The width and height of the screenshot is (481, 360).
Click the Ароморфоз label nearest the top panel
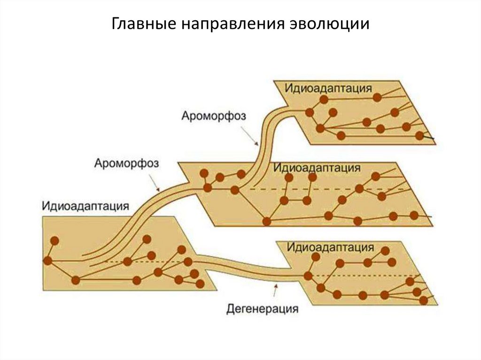click(x=213, y=115)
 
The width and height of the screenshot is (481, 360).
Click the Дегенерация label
click(x=262, y=309)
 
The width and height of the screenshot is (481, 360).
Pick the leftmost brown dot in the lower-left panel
click(x=47, y=260)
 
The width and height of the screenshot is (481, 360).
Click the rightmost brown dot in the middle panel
click(x=414, y=215)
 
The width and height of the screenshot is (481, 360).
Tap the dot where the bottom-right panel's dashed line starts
click(x=308, y=275)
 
